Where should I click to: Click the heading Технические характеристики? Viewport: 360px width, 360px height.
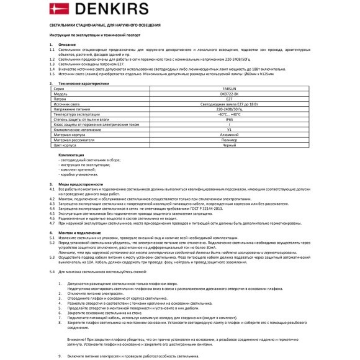(83, 83)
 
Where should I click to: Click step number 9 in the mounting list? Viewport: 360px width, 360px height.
(60, 356)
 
